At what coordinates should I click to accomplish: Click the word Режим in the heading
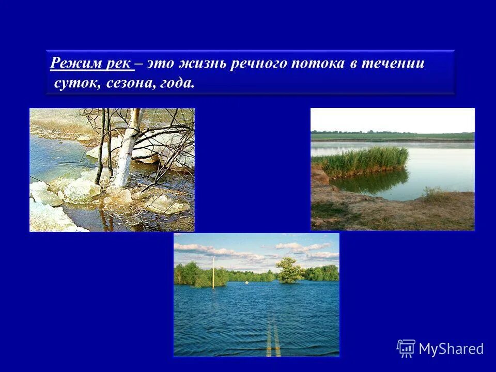(72, 64)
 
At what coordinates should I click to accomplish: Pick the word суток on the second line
(73, 83)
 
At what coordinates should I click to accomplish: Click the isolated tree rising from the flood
(289, 269)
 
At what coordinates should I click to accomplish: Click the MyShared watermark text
(451, 349)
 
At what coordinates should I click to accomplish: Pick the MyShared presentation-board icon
(406, 348)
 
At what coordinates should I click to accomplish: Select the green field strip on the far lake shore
(393, 136)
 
